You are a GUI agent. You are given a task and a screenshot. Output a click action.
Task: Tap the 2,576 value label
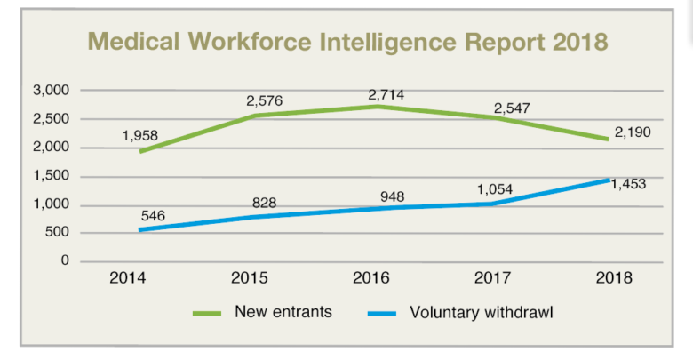tap(264, 100)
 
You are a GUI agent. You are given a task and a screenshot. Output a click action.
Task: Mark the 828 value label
tap(264, 203)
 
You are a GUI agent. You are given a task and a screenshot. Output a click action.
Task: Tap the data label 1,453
tap(626, 185)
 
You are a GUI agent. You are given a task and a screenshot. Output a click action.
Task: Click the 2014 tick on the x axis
tap(127, 278)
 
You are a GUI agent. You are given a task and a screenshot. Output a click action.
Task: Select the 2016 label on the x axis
tap(370, 278)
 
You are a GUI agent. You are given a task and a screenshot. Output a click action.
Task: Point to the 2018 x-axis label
tap(613, 278)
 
